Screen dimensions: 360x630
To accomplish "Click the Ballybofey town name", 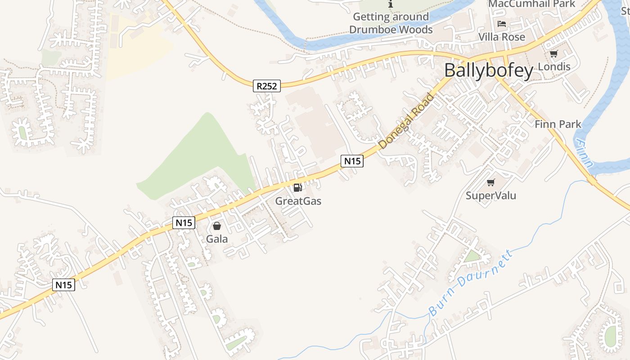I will coord(489,71).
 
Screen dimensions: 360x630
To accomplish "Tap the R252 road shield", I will coord(266,85).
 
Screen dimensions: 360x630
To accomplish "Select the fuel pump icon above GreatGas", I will coord(297,188).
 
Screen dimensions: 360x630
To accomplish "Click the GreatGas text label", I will coord(298,201).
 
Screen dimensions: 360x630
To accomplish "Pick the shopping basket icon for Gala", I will coord(217,226).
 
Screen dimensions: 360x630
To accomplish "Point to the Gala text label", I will coord(217,239).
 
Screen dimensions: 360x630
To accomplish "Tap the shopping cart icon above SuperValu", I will coord(490,182).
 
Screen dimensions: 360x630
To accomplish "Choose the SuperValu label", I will coord(490,195).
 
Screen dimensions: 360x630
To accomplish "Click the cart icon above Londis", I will coord(553,54).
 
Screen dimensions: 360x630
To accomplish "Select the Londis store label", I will coord(554,67).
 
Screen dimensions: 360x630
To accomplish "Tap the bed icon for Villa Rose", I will coord(502,24).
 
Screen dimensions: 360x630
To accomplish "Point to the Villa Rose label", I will coord(501,36).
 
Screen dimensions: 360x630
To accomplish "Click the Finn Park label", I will coord(558,124).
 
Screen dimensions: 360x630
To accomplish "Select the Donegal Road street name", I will coord(406,121).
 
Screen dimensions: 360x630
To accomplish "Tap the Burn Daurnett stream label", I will coord(470,283).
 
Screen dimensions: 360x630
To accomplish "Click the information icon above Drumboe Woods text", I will coord(391,4).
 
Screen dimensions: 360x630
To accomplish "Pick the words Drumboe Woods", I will coord(391,30).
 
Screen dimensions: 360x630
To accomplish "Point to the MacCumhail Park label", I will coord(531,4).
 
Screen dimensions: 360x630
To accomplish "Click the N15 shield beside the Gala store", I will coord(184,222).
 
